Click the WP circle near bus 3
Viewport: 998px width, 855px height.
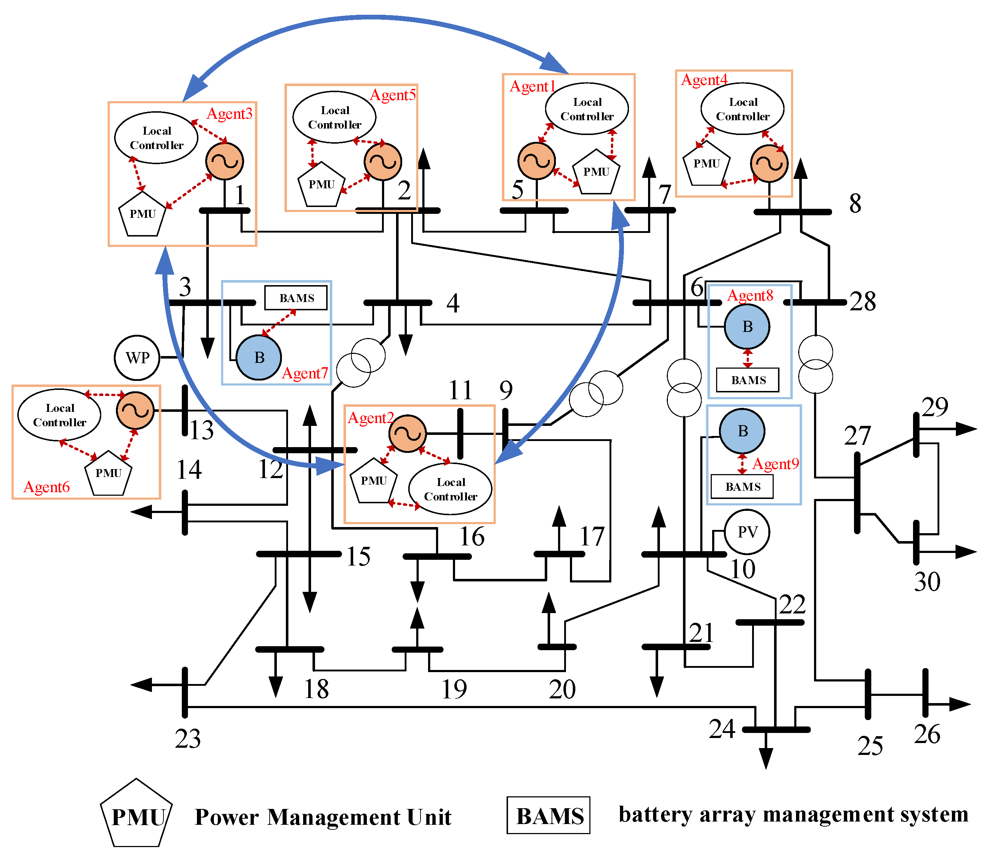(137, 358)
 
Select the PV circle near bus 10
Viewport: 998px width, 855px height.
(747, 532)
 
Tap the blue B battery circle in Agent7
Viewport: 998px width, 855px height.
(259, 357)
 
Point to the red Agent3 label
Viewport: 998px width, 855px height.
(229, 114)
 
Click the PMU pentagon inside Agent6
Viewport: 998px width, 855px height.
(108, 473)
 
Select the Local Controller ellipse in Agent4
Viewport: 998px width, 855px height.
(742, 109)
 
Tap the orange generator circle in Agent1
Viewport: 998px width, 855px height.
(536, 161)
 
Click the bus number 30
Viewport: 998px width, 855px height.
(927, 582)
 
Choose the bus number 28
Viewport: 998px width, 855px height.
(863, 302)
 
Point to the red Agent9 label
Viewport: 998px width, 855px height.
(776, 464)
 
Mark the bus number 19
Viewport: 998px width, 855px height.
(454, 689)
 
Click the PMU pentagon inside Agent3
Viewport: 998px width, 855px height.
(143, 214)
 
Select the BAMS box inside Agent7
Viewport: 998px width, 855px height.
(296, 298)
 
